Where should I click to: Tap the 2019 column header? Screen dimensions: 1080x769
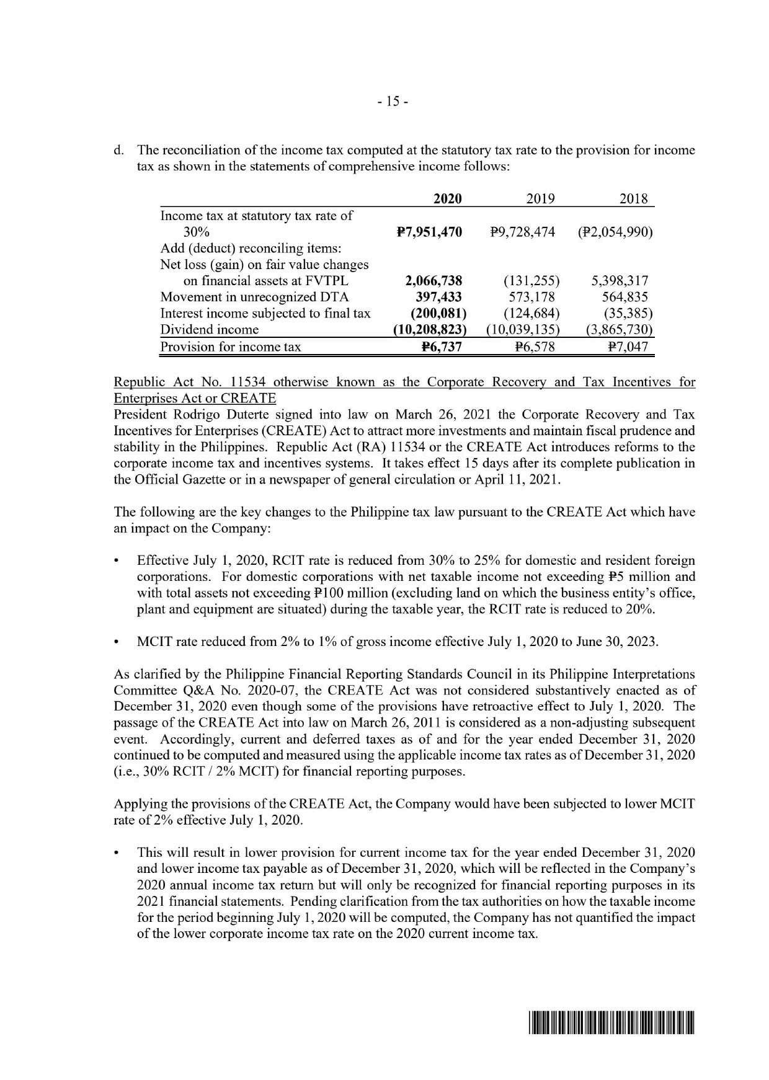(x=540, y=198)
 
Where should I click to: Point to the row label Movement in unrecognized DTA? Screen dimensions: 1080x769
(x=254, y=297)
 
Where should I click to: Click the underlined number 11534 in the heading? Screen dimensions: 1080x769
(x=239, y=382)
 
